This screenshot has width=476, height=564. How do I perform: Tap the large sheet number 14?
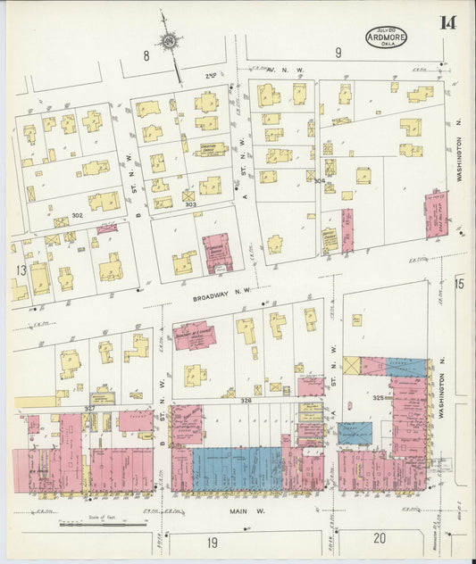(447, 22)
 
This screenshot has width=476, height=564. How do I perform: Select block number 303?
(189, 205)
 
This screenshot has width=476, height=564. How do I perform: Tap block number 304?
(319, 180)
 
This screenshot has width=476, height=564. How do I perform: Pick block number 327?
(89, 408)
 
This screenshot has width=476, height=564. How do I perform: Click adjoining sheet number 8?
(146, 55)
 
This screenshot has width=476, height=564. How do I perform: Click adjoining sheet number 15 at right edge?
(460, 284)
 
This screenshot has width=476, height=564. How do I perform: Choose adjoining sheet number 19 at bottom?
(213, 541)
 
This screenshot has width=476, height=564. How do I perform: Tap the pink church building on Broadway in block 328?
(194, 336)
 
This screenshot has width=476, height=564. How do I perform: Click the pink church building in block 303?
(216, 252)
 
